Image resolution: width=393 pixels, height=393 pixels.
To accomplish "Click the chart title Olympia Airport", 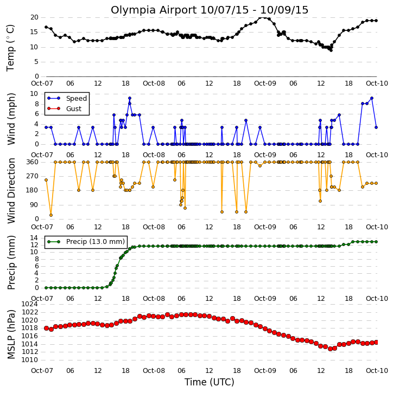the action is point(154,10).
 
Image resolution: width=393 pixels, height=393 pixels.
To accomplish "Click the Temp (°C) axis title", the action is point(10,48).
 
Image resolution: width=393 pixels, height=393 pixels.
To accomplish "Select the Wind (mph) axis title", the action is point(11,119).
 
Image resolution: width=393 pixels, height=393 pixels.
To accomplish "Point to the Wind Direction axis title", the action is point(11,191).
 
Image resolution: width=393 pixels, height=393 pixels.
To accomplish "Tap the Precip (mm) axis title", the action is point(11,262).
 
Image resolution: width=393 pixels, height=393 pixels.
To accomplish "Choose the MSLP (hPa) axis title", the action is point(11,334).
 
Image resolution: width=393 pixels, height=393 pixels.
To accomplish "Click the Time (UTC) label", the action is point(210,382).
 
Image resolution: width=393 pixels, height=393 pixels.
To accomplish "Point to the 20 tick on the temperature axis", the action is point(34,17).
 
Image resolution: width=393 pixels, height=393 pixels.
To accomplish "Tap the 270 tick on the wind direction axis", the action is point(33,176).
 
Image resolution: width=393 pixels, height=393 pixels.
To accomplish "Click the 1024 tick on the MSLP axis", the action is point(30,304).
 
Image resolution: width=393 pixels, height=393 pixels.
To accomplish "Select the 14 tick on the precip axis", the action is point(34,237).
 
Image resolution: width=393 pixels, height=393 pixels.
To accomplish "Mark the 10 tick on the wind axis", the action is point(34,94).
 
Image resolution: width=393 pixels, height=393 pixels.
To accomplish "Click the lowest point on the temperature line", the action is point(331,50).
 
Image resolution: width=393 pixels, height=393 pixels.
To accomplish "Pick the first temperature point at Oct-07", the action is point(46,27).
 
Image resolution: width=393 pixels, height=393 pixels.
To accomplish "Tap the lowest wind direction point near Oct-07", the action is point(51,215).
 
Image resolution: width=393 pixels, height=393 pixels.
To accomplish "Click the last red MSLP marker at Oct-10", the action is point(376,343).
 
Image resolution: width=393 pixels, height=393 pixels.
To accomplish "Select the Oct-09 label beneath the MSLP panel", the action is point(265,370).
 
